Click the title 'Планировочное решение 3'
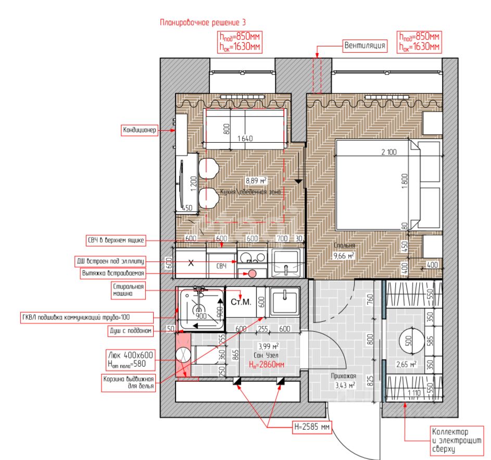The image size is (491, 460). click(203, 22)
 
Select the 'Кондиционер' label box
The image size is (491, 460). click(140, 130)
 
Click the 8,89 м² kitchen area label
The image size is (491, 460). click(256, 181)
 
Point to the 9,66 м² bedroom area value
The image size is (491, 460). click(344, 256)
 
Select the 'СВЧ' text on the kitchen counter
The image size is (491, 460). click(222, 266)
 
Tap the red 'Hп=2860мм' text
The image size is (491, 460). click(266, 364)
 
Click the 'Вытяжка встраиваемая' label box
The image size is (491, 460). click(112, 272)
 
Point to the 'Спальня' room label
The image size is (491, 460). click(344, 245)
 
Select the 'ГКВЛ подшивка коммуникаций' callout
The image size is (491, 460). click(86, 317)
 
